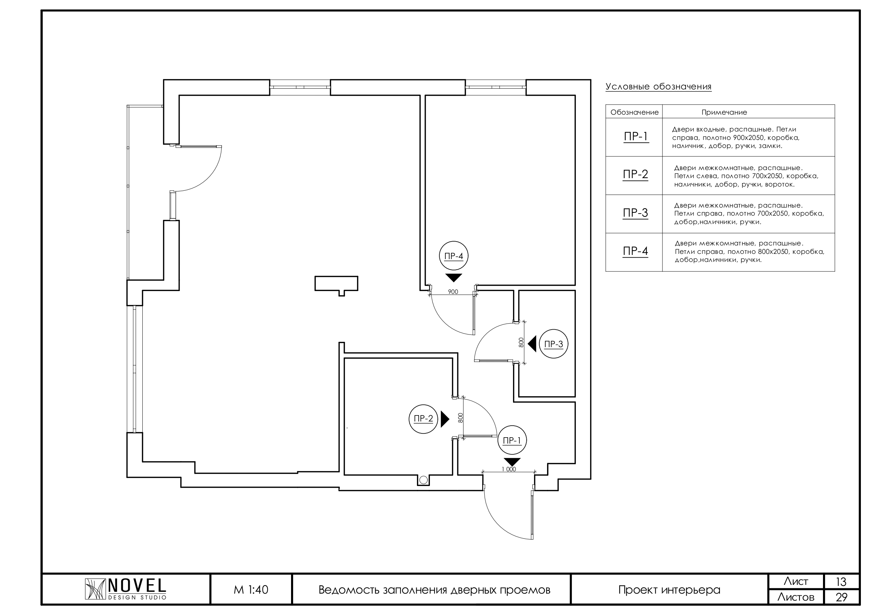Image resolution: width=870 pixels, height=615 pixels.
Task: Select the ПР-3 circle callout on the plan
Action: (x=554, y=344)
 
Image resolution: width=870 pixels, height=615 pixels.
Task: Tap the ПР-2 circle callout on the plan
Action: (x=423, y=419)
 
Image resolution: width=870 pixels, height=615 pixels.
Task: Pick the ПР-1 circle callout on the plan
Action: (x=512, y=440)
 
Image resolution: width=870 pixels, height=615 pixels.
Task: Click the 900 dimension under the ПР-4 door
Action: (x=453, y=292)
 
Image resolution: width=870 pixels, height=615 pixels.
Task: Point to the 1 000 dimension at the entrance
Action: (x=509, y=469)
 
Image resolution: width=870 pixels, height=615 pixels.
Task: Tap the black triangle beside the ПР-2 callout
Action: (x=445, y=419)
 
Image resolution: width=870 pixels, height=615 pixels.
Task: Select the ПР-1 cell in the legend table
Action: (x=636, y=137)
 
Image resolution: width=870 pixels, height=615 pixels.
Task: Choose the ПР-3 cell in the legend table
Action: (x=635, y=213)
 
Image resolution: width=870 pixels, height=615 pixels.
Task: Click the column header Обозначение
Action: (x=634, y=113)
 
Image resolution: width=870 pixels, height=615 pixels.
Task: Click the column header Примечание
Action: (x=724, y=113)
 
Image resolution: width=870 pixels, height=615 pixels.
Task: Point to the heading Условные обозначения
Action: (x=658, y=87)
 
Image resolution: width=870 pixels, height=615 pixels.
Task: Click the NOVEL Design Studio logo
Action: (x=126, y=590)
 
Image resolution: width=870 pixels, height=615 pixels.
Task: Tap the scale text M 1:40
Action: (x=251, y=590)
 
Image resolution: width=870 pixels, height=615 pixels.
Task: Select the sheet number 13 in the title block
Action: (x=841, y=582)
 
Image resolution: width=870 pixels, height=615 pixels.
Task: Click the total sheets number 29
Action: (x=841, y=597)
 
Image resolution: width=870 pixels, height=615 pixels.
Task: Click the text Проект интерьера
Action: (x=669, y=590)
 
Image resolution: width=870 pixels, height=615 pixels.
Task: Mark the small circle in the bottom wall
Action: (x=424, y=480)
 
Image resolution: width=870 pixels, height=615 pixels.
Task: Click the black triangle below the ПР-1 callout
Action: (x=512, y=462)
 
